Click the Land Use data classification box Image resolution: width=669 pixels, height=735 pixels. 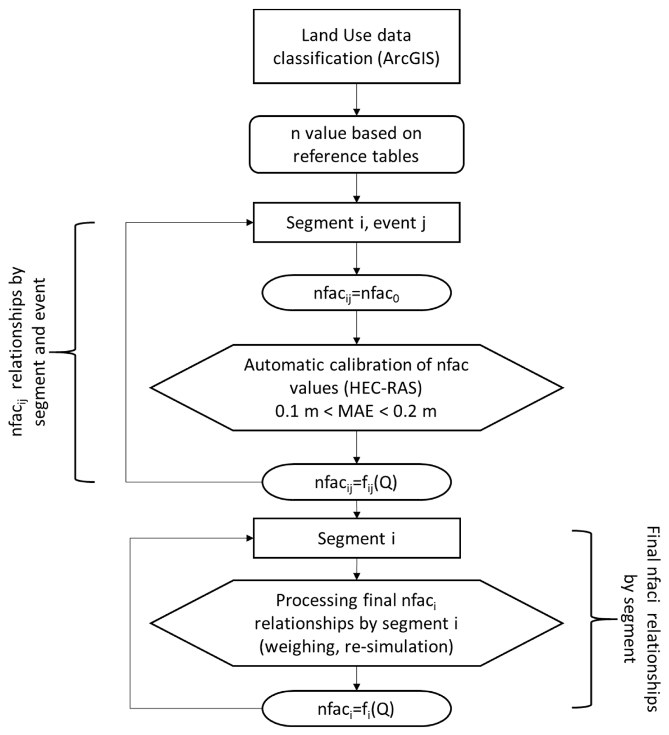tap(356, 46)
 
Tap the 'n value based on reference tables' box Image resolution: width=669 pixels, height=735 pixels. tap(356, 144)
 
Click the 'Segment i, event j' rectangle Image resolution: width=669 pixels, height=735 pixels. tap(356, 223)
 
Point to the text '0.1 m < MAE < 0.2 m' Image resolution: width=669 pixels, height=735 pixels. tap(356, 412)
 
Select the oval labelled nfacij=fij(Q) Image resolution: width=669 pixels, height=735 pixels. tap(356, 482)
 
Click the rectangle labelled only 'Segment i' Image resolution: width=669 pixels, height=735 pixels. tap(356, 539)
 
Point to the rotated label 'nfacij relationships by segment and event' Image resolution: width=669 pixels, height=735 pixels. tap(29, 352)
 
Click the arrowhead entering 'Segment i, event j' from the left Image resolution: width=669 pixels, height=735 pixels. tap(250, 222)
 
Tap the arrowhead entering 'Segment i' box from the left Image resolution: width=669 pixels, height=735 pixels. tap(250, 538)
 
